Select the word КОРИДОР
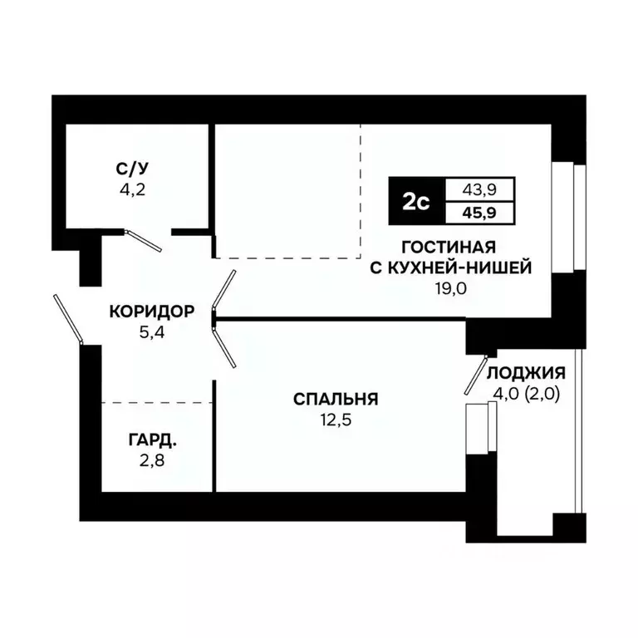point(152,312)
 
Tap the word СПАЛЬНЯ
point(336,400)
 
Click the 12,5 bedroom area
point(336,419)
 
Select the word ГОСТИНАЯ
point(449,247)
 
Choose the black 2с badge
point(415,202)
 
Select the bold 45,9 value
point(481,213)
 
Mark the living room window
point(569,218)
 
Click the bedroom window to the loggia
point(478,429)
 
